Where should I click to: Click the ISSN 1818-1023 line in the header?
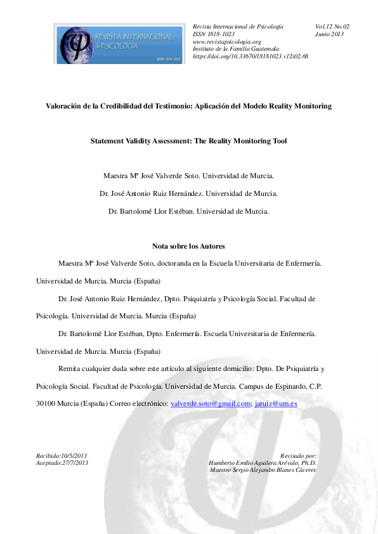click(214, 34)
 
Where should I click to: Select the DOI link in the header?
click(251, 56)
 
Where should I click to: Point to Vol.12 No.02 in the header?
click(332, 26)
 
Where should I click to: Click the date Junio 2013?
click(329, 34)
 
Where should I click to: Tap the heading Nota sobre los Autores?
click(188, 245)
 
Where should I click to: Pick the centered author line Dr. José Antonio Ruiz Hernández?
click(188, 193)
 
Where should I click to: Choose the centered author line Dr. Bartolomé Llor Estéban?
click(188, 211)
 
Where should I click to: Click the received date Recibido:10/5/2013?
click(62, 456)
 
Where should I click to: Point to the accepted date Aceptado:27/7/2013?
click(62, 463)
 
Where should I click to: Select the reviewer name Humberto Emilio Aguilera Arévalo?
click(262, 463)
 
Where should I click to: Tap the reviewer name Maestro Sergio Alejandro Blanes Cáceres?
click(263, 470)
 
